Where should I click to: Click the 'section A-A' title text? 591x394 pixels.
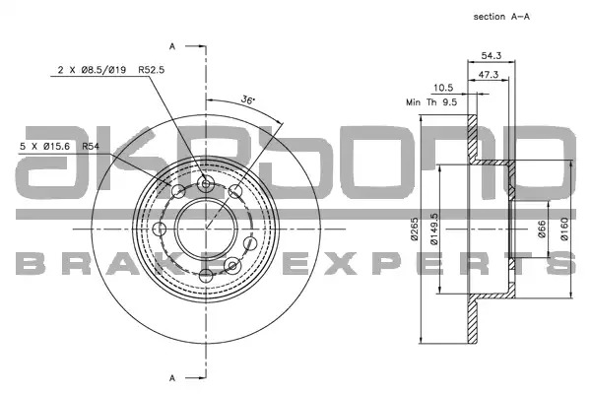pyautogui.click(x=501, y=17)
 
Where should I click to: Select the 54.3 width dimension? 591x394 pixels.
pyautogui.click(x=492, y=56)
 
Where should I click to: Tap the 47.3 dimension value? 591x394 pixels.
pyautogui.click(x=489, y=75)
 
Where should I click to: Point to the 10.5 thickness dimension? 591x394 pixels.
pyautogui.click(x=443, y=88)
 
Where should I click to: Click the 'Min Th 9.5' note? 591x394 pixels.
pyautogui.click(x=431, y=102)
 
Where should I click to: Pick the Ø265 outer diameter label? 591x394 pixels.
pyautogui.click(x=415, y=229)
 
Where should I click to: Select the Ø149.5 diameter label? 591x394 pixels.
pyautogui.click(x=434, y=229)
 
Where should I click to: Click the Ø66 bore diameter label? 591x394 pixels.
pyautogui.click(x=542, y=229)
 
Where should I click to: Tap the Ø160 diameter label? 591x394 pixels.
pyautogui.click(x=564, y=229)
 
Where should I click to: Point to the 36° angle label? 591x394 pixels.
pyautogui.click(x=247, y=99)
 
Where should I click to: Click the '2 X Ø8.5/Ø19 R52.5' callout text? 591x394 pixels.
pyautogui.click(x=111, y=70)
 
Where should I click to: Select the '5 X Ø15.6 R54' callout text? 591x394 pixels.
pyautogui.click(x=59, y=146)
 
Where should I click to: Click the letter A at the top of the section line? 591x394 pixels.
pyautogui.click(x=172, y=46)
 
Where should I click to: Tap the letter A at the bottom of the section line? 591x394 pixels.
pyautogui.click(x=172, y=378)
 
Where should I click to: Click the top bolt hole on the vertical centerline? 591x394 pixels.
pyautogui.click(x=206, y=184)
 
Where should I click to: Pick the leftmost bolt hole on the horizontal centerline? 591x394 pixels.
pyautogui.click(x=160, y=229)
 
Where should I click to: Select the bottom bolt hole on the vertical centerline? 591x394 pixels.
pyautogui.click(x=206, y=275)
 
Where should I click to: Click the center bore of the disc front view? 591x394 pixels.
pyautogui.click(x=206, y=229)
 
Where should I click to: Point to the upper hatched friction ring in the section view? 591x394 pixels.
pyautogui.click(x=472, y=138)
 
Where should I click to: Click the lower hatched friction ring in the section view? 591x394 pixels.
pyautogui.click(x=472, y=320)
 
